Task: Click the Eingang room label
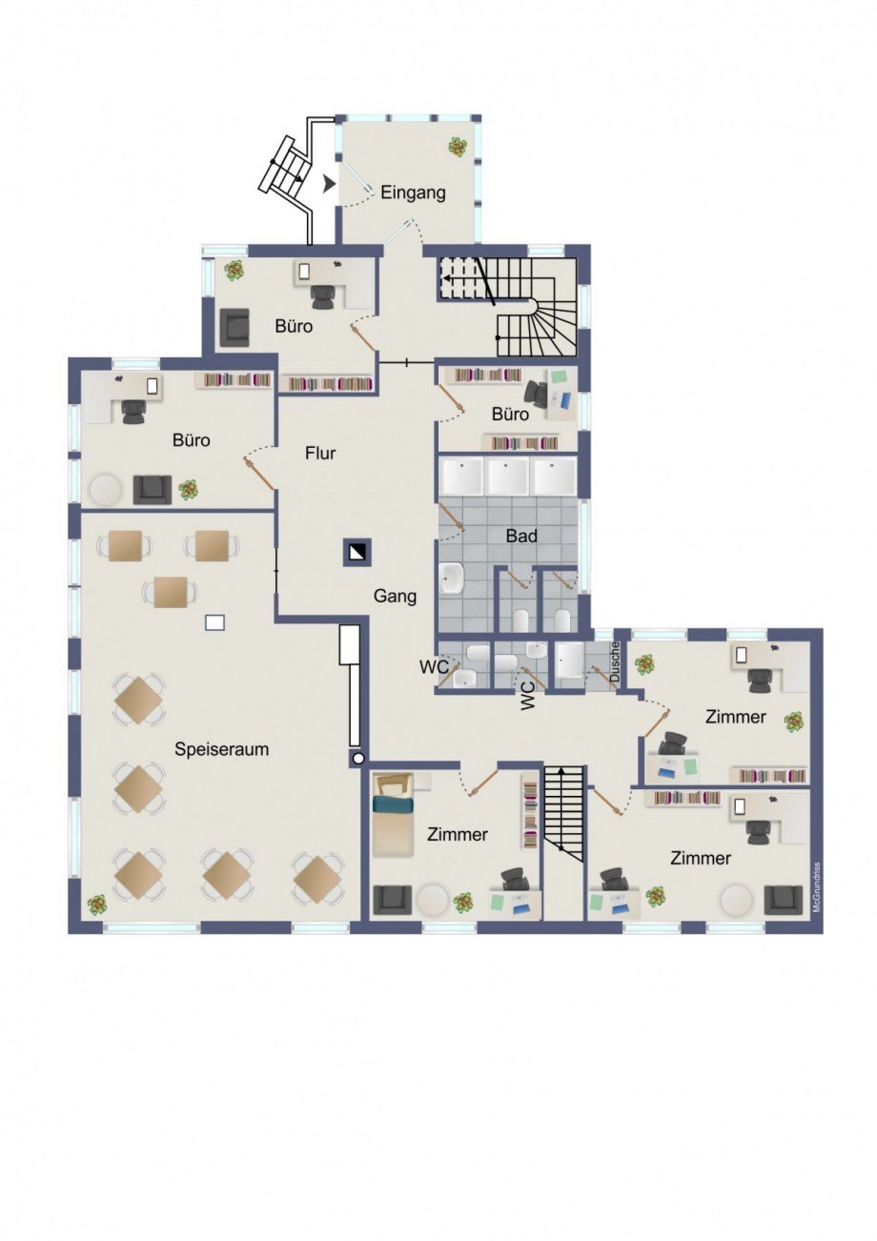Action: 413,193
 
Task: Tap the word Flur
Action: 320,453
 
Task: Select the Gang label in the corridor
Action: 395,597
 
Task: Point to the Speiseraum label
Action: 221,749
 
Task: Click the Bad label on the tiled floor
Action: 521,536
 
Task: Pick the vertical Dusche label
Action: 615,661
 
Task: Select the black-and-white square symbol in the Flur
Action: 357,553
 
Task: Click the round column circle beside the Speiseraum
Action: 357,759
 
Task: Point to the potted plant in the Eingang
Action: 458,147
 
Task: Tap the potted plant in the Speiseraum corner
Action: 97,905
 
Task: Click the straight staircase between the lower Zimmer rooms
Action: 563,814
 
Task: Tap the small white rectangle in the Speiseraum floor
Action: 214,623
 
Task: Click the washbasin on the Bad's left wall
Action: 451,579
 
